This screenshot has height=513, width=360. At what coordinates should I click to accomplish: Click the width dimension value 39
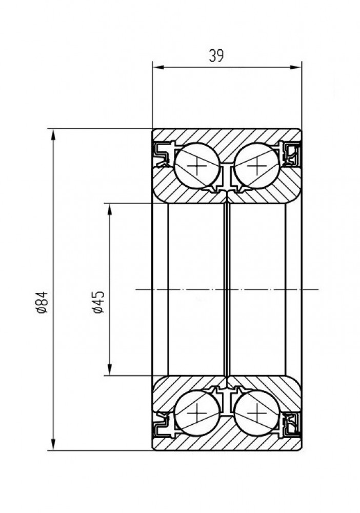[216, 55]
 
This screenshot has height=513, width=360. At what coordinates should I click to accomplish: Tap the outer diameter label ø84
[43, 302]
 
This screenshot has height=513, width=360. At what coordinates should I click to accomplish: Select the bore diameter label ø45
[98, 302]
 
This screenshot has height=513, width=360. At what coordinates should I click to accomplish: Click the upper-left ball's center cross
[197, 166]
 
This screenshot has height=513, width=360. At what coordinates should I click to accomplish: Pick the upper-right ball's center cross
[257, 166]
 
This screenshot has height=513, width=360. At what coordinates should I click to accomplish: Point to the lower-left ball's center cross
[197, 413]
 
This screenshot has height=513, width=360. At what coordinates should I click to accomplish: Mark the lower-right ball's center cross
[257, 413]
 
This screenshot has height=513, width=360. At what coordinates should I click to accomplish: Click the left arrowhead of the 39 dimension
[158, 67]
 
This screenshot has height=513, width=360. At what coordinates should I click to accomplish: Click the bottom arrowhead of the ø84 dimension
[53, 445]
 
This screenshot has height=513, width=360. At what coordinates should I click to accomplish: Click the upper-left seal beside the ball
[164, 154]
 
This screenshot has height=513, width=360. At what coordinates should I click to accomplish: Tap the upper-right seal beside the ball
[290, 154]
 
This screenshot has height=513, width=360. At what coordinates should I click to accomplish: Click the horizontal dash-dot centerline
[227, 289]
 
